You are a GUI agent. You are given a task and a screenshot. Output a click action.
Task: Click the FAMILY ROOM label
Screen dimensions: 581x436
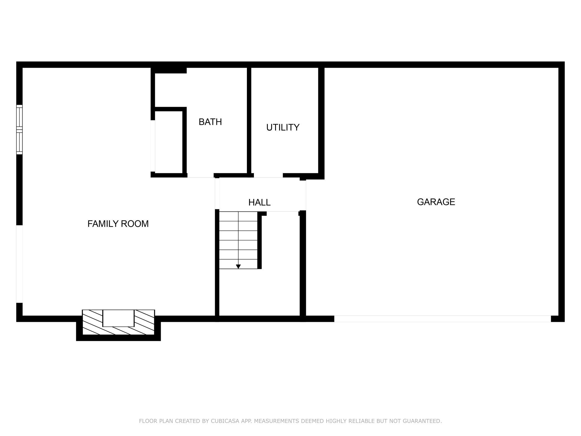(x=118, y=224)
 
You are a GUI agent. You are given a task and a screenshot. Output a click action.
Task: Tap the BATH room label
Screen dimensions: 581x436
(x=210, y=122)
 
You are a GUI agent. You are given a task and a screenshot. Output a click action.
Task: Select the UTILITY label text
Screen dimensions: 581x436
(x=283, y=127)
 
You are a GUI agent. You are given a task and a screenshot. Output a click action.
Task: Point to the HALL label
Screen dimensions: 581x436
(x=259, y=202)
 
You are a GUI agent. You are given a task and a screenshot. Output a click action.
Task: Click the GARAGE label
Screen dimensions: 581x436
(x=436, y=202)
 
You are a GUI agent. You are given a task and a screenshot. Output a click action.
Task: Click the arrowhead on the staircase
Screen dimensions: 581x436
(x=238, y=267)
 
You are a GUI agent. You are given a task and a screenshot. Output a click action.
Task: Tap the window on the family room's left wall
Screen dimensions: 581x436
(x=19, y=129)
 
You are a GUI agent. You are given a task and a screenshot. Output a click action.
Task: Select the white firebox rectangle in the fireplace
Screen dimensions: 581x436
(x=118, y=318)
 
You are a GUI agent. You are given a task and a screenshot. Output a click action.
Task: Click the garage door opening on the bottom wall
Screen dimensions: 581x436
(x=442, y=319)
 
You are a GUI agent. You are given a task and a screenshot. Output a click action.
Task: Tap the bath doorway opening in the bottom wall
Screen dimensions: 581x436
(x=201, y=176)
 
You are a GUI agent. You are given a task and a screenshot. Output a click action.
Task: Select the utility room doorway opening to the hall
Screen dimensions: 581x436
(x=268, y=176)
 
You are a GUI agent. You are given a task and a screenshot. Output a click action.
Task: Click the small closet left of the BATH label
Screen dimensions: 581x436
(x=169, y=142)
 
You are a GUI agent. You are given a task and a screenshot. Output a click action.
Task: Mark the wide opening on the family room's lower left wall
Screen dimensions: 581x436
(x=19, y=264)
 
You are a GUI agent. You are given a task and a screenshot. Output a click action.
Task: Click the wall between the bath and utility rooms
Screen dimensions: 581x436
(x=249, y=120)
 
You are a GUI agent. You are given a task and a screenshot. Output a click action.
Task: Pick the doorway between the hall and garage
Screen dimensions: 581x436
(x=303, y=196)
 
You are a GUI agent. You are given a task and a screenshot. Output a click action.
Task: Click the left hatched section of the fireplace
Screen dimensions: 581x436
(x=92, y=322)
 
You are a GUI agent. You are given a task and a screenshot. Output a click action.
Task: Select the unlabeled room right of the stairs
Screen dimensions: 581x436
(x=280, y=264)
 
